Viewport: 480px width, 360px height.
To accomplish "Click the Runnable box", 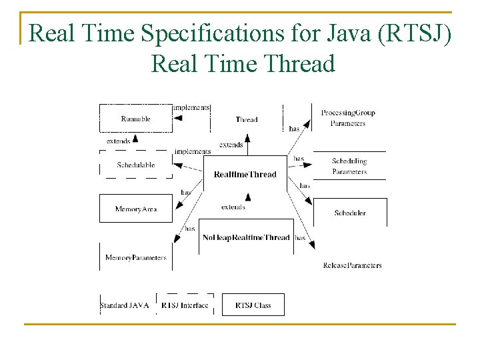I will [135, 119].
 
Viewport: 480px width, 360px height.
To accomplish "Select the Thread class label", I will [247, 119].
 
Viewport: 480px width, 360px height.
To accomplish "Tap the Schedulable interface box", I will [135, 165].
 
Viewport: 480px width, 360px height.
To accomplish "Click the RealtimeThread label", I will [245, 175].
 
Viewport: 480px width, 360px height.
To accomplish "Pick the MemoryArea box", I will [135, 209].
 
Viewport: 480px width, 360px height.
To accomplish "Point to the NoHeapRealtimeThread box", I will [246, 237].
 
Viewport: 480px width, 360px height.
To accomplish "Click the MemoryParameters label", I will [135, 257].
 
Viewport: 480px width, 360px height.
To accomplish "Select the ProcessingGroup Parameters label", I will [348, 118].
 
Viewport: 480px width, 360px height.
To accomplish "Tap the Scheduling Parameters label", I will [349, 166].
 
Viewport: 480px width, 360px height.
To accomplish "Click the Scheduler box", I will [349, 213].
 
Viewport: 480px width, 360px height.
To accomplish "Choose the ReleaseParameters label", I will [352, 265].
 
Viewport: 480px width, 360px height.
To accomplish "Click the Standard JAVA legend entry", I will [125, 305].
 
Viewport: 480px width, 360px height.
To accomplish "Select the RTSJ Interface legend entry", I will [185, 305].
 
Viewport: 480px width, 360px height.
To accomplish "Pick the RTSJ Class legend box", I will [253, 305].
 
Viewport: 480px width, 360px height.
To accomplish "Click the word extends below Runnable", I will [119, 141].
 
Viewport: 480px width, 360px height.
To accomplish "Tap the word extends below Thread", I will [231, 145].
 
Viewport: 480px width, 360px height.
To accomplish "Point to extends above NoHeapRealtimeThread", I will [233, 207].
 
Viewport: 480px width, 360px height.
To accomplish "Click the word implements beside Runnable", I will [191, 107].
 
